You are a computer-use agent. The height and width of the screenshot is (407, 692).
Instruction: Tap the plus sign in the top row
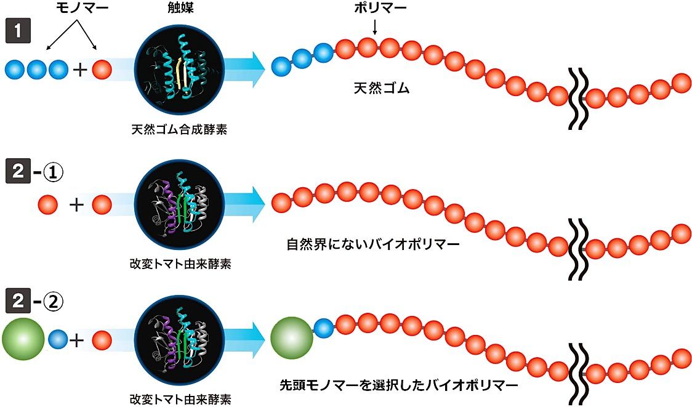(x=79, y=70)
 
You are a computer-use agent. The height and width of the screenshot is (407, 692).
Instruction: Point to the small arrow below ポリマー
(x=375, y=26)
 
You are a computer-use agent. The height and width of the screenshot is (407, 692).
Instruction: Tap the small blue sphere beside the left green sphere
(x=58, y=338)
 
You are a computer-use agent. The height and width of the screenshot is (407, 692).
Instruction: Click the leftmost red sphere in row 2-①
(x=48, y=203)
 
